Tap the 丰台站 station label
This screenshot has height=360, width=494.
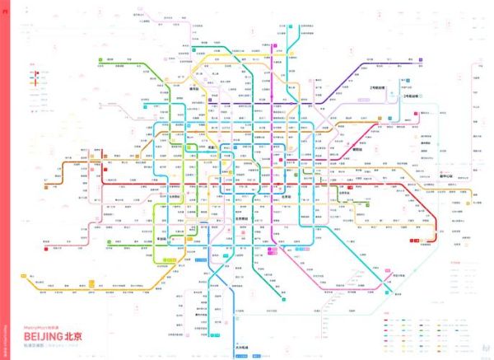pyautogui.click(x=174, y=231)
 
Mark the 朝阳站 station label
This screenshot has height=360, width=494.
pyautogui.click(x=358, y=149)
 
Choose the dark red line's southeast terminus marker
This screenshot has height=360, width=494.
pyautogui.click(x=417, y=239)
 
